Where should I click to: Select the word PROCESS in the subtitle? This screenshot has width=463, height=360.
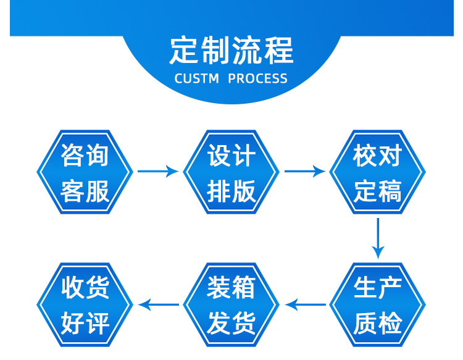coord(258,79)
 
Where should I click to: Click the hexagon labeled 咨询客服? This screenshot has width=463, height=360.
coord(85,172)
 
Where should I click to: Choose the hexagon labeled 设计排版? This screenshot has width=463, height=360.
coord(231,172)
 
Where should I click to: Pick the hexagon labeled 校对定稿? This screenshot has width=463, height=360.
coord(378,172)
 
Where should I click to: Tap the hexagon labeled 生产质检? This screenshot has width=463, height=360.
coord(378,305)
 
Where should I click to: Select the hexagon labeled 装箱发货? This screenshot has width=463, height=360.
coord(231,305)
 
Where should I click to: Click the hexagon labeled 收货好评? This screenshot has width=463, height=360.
coord(85,305)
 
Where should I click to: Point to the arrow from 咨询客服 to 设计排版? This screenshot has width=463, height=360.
coord(157,172)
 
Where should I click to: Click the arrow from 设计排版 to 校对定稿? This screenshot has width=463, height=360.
coord(304,172)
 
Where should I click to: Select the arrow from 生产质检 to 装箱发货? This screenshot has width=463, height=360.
coord(305,304)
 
